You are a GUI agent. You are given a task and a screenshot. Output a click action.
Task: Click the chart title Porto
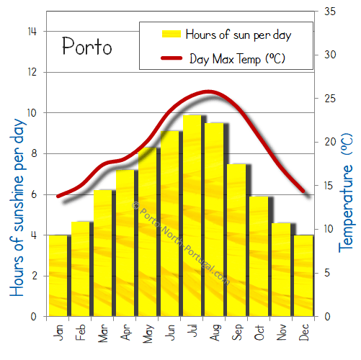tap(86, 48)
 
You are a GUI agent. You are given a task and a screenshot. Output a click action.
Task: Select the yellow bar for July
tap(192, 216)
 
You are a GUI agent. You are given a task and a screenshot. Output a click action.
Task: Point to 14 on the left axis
tap(32, 32)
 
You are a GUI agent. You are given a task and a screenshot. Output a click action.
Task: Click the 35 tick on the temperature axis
tap(331, 12)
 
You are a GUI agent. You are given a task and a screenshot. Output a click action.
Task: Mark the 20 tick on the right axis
tap(331, 142)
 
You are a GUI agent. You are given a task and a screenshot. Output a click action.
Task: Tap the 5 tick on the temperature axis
tap(328, 273)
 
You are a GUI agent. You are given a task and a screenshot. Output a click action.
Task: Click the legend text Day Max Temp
tap(237, 58)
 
